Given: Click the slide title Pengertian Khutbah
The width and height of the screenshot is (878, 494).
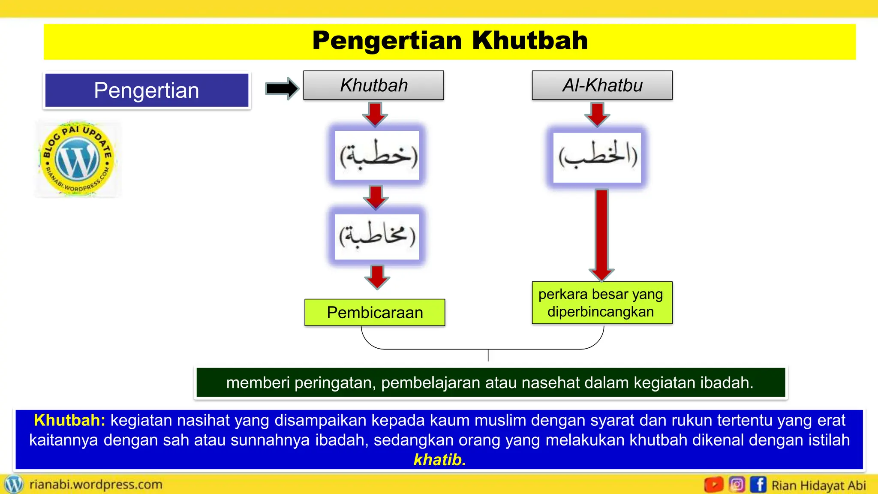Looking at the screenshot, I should [450, 41].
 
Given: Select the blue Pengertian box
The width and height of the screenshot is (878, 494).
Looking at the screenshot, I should [147, 90].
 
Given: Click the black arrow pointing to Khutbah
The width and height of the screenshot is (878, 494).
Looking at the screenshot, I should [282, 89].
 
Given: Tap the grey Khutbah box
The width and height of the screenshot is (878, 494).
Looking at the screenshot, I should [373, 85].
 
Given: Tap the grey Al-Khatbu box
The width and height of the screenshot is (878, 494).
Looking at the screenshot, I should [602, 85].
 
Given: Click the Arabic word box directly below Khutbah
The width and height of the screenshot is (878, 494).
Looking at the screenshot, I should [377, 155].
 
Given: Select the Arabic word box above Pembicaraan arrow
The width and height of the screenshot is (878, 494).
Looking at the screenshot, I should [377, 236].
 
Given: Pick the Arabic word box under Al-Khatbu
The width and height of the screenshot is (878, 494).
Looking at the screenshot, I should [597, 157].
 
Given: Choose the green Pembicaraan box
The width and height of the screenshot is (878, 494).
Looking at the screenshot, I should [375, 313].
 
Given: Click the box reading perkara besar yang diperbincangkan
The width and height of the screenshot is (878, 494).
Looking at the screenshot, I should [601, 303].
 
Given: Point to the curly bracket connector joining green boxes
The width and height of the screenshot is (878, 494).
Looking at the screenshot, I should [487, 348].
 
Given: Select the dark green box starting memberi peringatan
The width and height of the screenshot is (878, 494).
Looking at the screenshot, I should [490, 383].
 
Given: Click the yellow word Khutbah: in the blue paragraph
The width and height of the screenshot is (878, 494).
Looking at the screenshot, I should [69, 420].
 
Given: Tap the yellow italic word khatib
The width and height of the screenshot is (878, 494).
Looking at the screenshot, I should [439, 460].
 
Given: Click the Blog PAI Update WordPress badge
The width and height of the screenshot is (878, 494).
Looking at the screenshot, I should [78, 159].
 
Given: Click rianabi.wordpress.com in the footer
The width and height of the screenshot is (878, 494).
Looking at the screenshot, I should [96, 485].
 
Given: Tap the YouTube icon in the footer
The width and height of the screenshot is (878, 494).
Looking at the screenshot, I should [714, 485].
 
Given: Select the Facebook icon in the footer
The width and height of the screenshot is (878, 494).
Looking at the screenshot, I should [758, 485].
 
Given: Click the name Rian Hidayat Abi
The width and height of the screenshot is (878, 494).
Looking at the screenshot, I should [818, 485].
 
